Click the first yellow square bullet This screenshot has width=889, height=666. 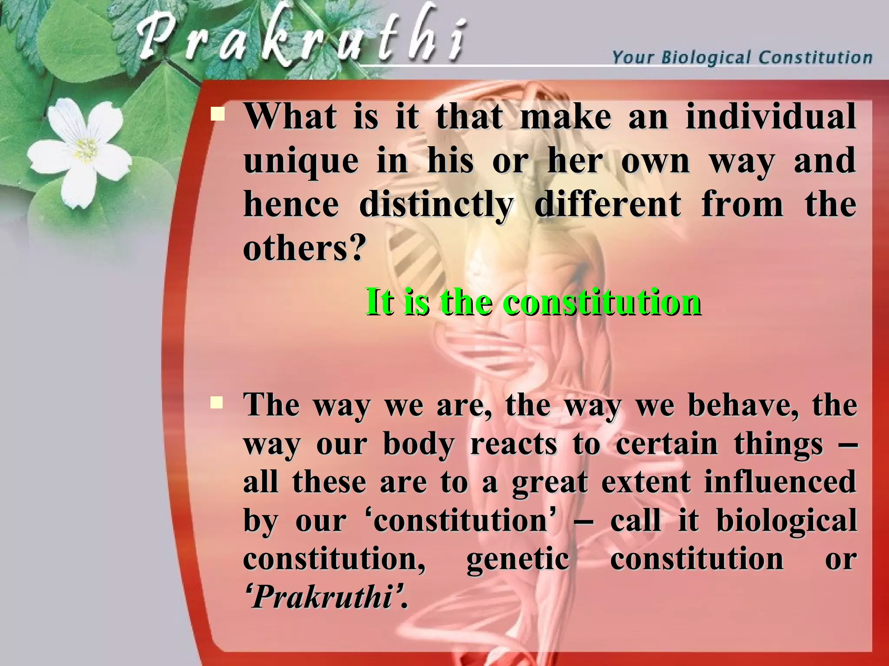click(217, 115)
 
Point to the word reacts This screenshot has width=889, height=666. click(513, 444)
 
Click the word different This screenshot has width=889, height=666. click(608, 205)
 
